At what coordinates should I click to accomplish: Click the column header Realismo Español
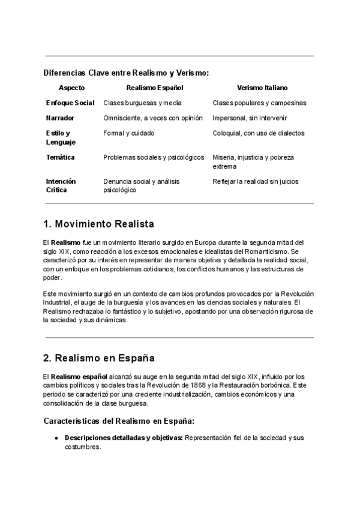click(155, 88)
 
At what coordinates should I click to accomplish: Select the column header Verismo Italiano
click(262, 88)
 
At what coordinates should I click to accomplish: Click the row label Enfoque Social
click(70, 103)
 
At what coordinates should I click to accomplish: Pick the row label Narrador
click(60, 118)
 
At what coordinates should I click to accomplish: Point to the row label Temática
click(61, 157)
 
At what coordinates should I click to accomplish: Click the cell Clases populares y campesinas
click(259, 103)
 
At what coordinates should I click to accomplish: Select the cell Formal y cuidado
click(128, 133)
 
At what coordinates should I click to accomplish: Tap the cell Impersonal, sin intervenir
click(250, 118)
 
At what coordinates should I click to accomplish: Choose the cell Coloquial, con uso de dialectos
click(259, 133)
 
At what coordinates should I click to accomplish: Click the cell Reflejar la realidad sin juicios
click(256, 181)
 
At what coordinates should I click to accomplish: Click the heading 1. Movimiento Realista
click(99, 224)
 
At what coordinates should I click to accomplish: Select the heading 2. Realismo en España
click(99, 358)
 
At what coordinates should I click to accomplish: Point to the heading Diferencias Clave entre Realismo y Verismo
click(126, 73)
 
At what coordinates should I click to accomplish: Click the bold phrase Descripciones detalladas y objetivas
click(124, 438)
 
